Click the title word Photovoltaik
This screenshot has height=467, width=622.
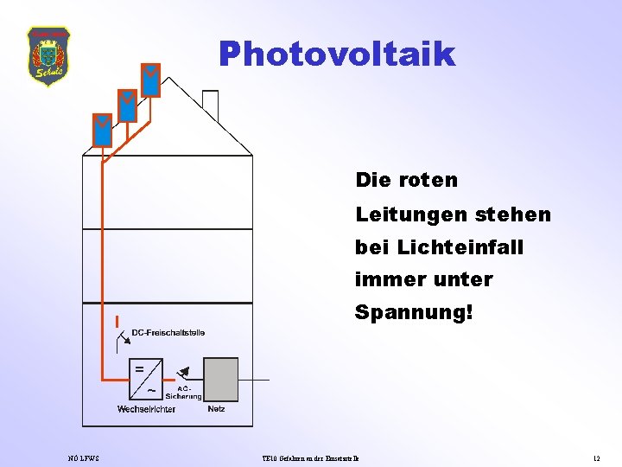(336, 54)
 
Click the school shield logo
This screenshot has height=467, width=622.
(49, 56)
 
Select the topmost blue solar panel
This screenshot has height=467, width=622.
(151, 80)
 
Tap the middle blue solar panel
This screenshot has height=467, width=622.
(127, 106)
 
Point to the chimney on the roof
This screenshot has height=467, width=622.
(210, 106)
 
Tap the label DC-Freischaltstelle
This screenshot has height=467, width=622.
(168, 333)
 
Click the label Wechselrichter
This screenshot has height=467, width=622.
(146, 409)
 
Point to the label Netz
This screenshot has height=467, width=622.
(216, 409)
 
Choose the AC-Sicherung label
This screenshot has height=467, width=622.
(189, 393)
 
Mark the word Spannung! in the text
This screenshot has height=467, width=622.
(414, 312)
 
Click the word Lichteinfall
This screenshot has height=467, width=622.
(460, 246)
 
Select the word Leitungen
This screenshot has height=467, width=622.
(399, 214)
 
